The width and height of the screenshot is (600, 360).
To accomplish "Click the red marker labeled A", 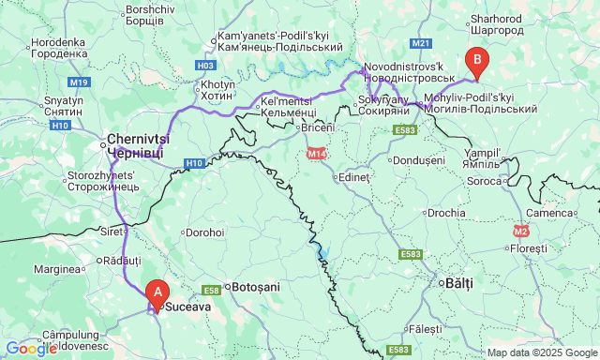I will pyautogui.click(x=157, y=292).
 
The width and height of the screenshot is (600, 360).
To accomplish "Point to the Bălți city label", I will pyautogui.click(x=457, y=281).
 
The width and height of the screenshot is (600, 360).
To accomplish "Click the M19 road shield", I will pyautogui.click(x=78, y=82).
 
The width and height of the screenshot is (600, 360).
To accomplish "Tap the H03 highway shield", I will pyautogui.click(x=206, y=66).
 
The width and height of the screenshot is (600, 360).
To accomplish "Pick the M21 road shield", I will pyautogui.click(x=421, y=43).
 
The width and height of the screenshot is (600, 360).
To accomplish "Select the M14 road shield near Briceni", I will pyautogui.click(x=314, y=153).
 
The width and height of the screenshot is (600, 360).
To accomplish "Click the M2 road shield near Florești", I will pyautogui.click(x=521, y=230).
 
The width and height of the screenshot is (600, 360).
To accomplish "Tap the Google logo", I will pyautogui.click(x=30, y=349).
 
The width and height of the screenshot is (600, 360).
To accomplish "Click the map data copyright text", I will pyautogui.click(x=541, y=352).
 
